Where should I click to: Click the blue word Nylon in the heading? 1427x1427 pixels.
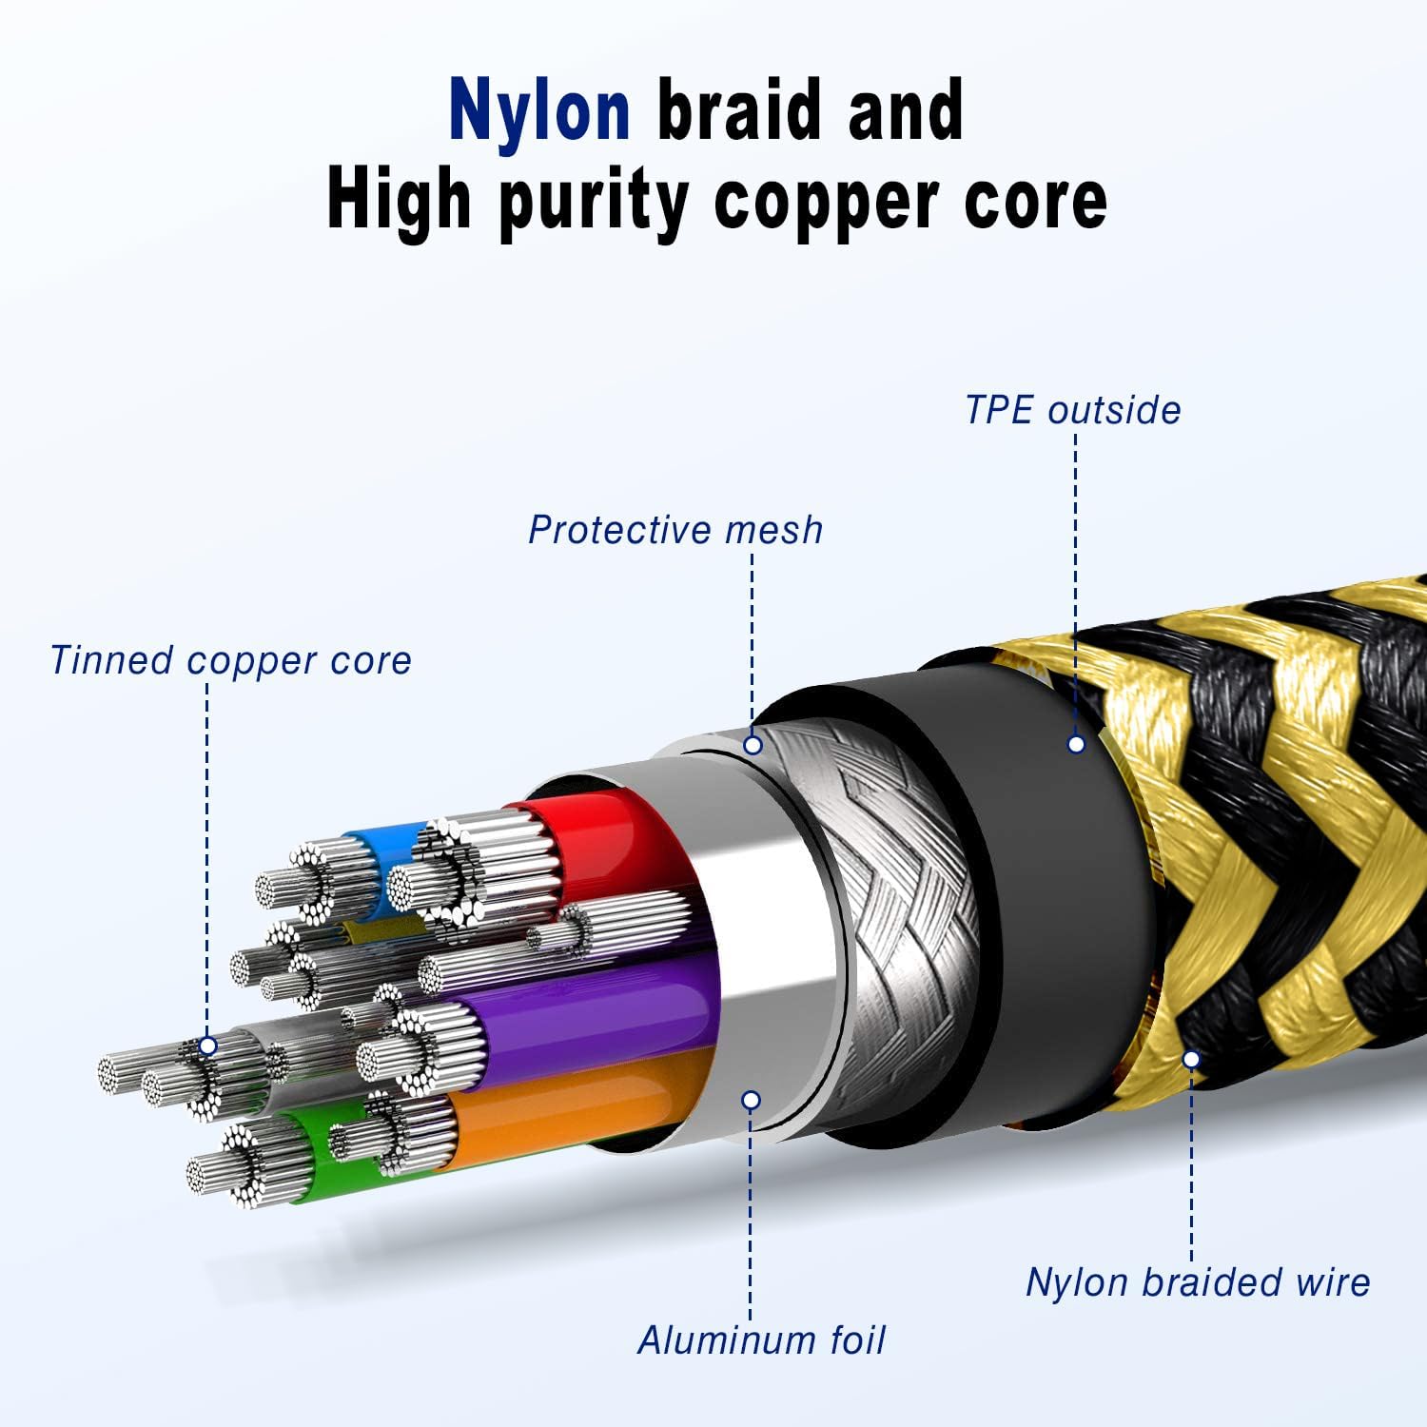(539, 111)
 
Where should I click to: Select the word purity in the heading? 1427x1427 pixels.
(594, 201)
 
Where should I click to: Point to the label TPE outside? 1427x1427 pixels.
(1072, 410)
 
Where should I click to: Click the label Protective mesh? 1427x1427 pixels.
(675, 530)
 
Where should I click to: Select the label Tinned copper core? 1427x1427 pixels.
(230, 660)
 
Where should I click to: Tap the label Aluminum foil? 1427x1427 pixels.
(761, 1340)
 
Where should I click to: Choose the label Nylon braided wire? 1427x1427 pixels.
(1198, 1282)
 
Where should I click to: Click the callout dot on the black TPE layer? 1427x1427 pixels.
(1076, 745)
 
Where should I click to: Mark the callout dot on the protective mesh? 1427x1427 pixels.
(753, 745)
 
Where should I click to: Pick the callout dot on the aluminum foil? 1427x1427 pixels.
(751, 1101)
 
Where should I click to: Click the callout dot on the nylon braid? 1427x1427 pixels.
(1191, 1059)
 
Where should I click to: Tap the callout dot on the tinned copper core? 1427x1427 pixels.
(208, 1046)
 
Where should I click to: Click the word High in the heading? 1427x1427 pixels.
(399, 202)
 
